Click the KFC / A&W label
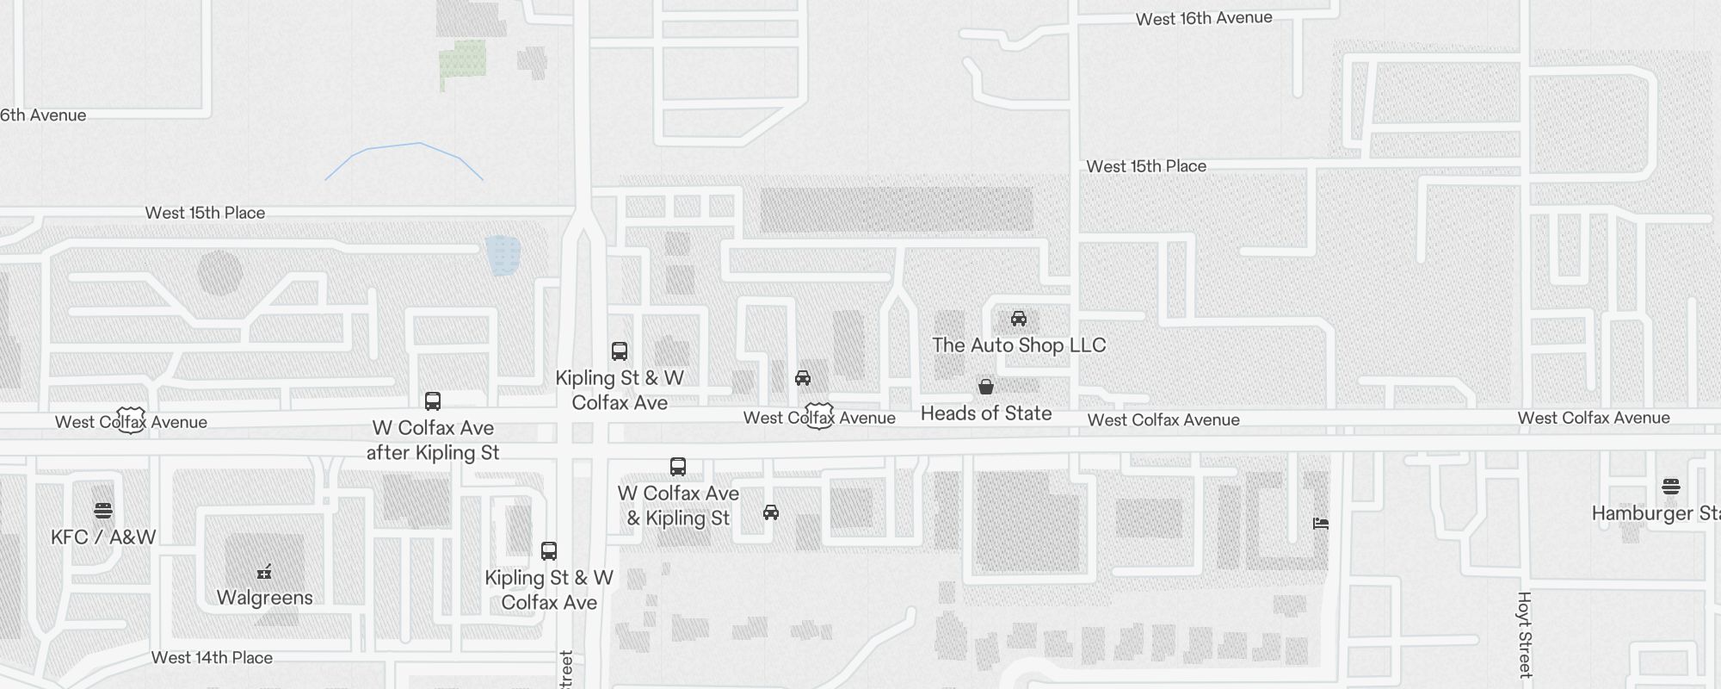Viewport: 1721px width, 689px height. (103, 537)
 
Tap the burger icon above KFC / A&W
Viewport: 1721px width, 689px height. (103, 511)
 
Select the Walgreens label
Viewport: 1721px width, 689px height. (264, 598)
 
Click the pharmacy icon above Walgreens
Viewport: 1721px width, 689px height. (264, 572)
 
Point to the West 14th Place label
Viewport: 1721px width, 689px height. (212, 658)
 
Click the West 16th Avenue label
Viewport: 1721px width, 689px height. (1203, 18)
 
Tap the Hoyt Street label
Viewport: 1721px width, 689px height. (1525, 634)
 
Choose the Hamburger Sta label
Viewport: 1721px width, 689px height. (1655, 513)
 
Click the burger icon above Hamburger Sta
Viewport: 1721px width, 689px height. (1671, 487)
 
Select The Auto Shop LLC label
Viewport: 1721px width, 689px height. (1019, 345)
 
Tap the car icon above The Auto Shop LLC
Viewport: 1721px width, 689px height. (1019, 319)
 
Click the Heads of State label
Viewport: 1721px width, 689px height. (986, 413)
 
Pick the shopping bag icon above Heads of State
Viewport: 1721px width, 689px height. (986, 387)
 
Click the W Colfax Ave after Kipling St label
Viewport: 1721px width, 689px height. (433, 440)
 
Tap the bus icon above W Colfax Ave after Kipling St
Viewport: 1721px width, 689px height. (433, 401)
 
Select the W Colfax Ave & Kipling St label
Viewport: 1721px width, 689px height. (678, 506)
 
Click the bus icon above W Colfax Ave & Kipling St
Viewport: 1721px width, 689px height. (678, 467)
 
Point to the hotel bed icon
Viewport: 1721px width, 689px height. (1321, 523)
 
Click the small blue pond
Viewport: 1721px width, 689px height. (503, 256)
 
